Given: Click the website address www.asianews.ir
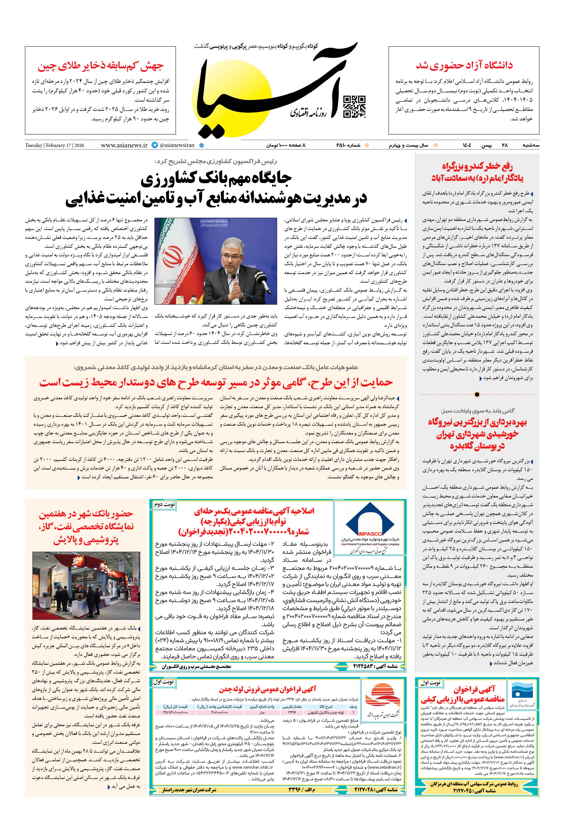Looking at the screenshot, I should pos(124,145).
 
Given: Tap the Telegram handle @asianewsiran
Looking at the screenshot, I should pos(177,145).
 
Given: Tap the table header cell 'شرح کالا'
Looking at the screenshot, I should pos(325,706).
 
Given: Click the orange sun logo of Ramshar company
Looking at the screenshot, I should pos(382,696).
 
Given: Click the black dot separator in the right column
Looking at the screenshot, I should pos(477,394).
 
